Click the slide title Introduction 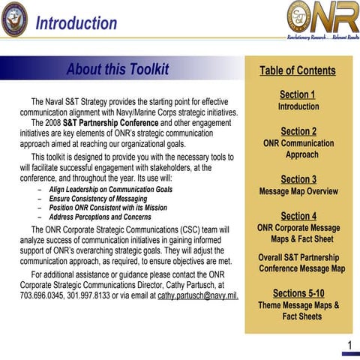(x=76, y=22)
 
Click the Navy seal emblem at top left (x=14, y=18)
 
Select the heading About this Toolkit (x=118, y=70)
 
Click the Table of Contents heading (x=298, y=70)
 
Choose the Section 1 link (x=298, y=94)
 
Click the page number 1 (x=349, y=345)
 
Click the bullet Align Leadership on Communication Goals (x=110, y=190)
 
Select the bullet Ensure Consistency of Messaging (x=97, y=199)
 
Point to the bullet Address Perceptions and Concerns (x=100, y=217)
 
